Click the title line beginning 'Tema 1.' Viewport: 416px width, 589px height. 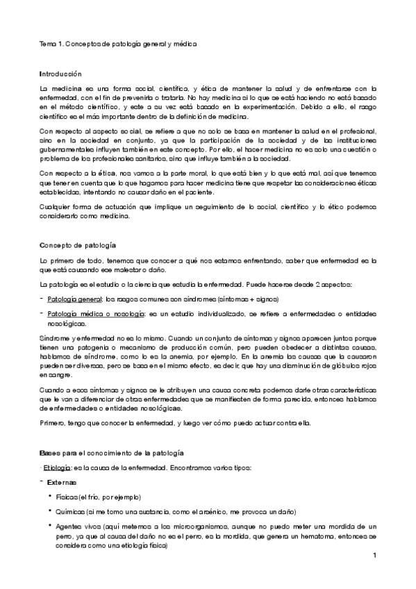[x=118, y=44]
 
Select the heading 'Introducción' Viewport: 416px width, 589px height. [x=60, y=74]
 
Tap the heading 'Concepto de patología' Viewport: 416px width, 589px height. [x=77, y=246]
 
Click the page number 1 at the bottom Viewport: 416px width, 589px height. [x=374, y=556]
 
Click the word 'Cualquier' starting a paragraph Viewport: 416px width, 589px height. [x=56, y=206]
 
